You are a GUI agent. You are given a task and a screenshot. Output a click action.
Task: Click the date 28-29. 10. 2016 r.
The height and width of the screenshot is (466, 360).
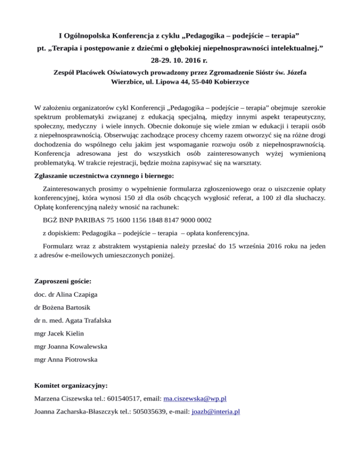coord(180,60)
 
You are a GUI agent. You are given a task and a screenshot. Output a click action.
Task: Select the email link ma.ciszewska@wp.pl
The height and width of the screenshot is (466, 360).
coord(195,399)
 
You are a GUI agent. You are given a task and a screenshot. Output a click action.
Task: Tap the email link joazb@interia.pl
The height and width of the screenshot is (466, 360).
coord(216,412)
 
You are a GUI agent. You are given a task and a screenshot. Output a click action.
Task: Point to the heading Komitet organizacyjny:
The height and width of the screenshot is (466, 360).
coord(71,386)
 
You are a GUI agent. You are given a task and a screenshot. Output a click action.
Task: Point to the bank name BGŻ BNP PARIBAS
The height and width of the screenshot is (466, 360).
coord(72,219)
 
